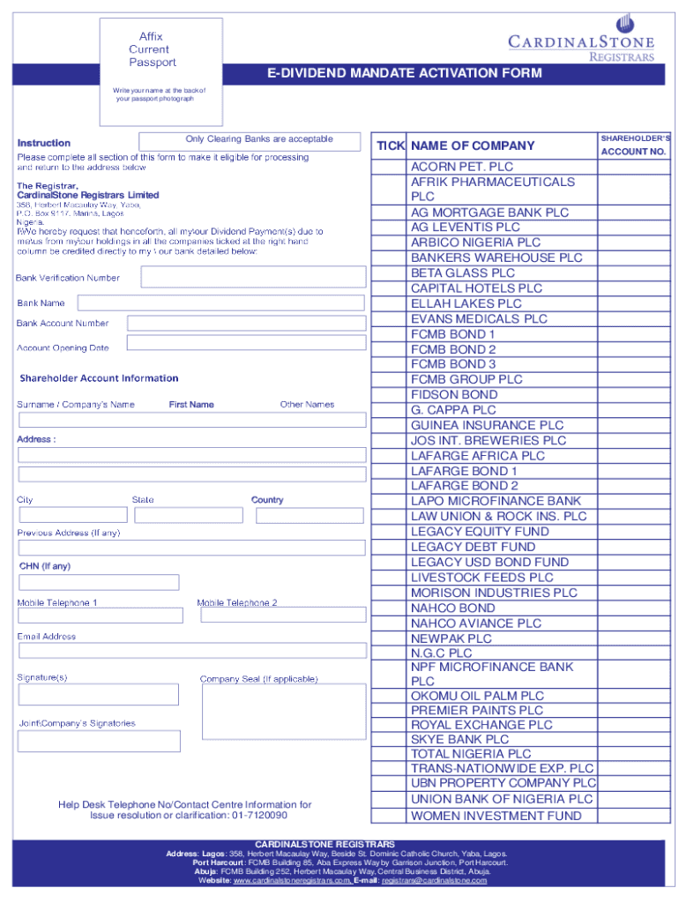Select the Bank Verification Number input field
click(253, 277)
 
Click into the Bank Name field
click(220, 302)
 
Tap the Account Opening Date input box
click(246, 344)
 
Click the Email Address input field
click(192, 651)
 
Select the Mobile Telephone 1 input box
click(101, 615)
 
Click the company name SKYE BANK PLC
click(459, 739)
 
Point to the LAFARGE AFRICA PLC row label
click(477, 456)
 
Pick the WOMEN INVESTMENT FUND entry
click(496, 816)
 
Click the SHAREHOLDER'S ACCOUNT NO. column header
click(634, 146)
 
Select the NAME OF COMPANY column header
click(473, 146)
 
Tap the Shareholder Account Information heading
click(99, 378)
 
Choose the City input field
click(73, 515)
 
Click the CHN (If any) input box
click(99, 582)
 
